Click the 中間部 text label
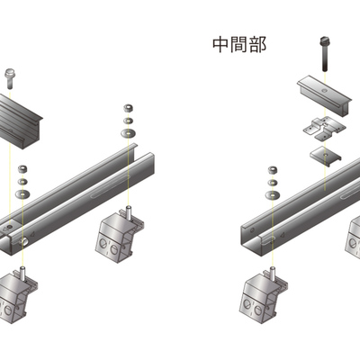[239, 45]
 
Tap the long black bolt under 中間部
[325, 54]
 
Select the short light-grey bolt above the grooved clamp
[9, 79]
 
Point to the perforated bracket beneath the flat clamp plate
[325, 129]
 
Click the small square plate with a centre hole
[325, 156]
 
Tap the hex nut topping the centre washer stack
[129, 108]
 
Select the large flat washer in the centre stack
[128, 132]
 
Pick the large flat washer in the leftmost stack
[22, 193]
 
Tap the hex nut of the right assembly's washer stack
[273, 170]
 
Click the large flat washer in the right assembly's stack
[273, 195]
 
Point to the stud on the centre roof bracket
[128, 211]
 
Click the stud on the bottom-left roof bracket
[22, 273]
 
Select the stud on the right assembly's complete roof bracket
[273, 273]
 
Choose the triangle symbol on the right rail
[283, 237]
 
